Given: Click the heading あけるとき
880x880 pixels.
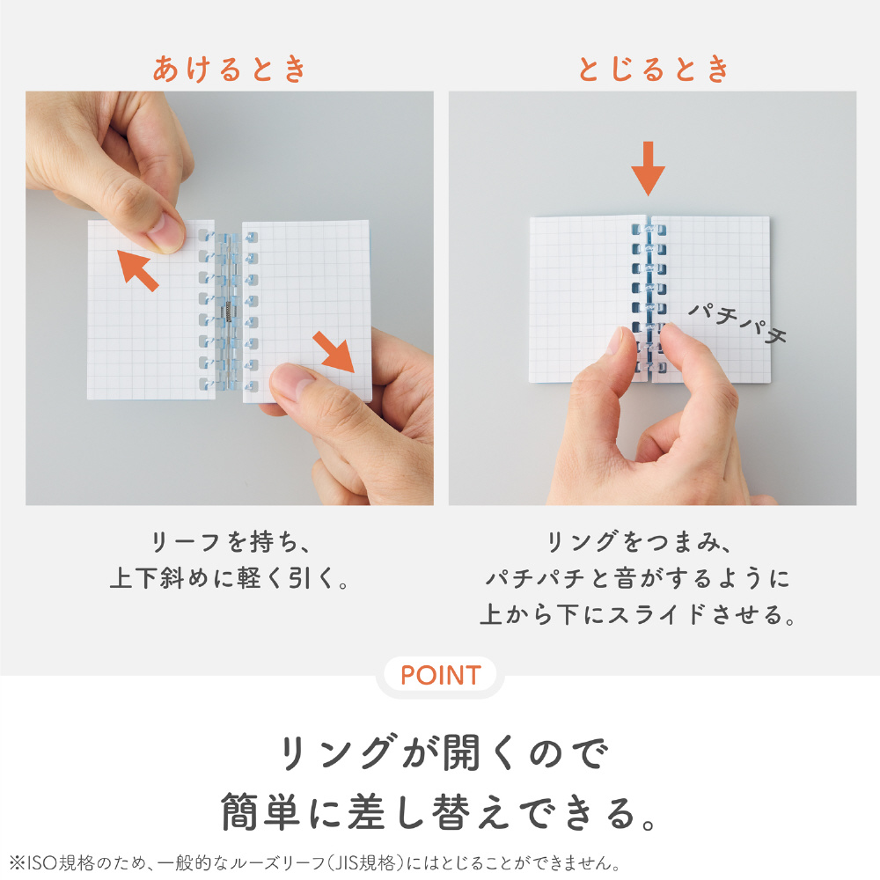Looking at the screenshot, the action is point(230,69).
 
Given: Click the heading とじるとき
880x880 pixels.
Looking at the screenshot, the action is point(653,69).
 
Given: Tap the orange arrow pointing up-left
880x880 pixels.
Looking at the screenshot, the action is point(137,270).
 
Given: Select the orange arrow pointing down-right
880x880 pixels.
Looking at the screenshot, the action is point(334,352).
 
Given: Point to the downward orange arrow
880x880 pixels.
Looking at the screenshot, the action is point(649,168).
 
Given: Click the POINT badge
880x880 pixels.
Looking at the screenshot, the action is point(441,675).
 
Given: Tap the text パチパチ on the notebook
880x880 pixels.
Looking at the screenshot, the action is point(737,323).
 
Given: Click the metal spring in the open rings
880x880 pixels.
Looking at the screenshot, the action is point(229,312).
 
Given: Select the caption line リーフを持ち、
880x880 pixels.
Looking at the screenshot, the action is point(230,542).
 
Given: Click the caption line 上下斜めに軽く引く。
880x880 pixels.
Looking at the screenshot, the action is point(230,578).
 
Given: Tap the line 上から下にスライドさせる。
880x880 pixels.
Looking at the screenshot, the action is point(638,614).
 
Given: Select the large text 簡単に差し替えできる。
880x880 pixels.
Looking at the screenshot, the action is point(440,812).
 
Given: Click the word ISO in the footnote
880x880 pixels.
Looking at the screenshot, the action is point(42,862).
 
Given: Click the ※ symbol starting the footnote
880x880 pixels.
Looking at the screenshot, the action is point(18,862).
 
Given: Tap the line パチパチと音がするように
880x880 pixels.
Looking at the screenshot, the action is point(638,578).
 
